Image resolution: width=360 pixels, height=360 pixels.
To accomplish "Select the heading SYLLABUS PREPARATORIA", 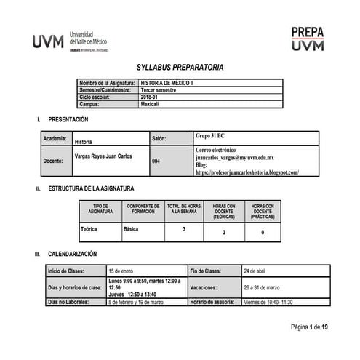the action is pos(180,68).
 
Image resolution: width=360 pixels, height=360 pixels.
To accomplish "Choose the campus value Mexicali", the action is pos(150,104).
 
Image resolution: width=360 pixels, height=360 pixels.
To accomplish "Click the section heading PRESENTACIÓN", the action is pos(68,119).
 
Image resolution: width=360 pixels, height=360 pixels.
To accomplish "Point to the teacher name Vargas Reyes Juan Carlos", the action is pos(103,156).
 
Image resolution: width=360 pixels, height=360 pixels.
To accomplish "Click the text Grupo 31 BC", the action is pos(210,136).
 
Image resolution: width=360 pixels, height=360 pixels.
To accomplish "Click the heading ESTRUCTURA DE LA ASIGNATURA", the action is pos(91,189).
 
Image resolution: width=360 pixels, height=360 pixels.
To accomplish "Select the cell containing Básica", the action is pos(132,229).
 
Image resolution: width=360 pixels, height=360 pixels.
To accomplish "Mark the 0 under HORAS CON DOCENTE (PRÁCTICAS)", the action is pos(263,232).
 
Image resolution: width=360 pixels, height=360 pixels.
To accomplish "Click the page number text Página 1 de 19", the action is pos(310,327).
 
